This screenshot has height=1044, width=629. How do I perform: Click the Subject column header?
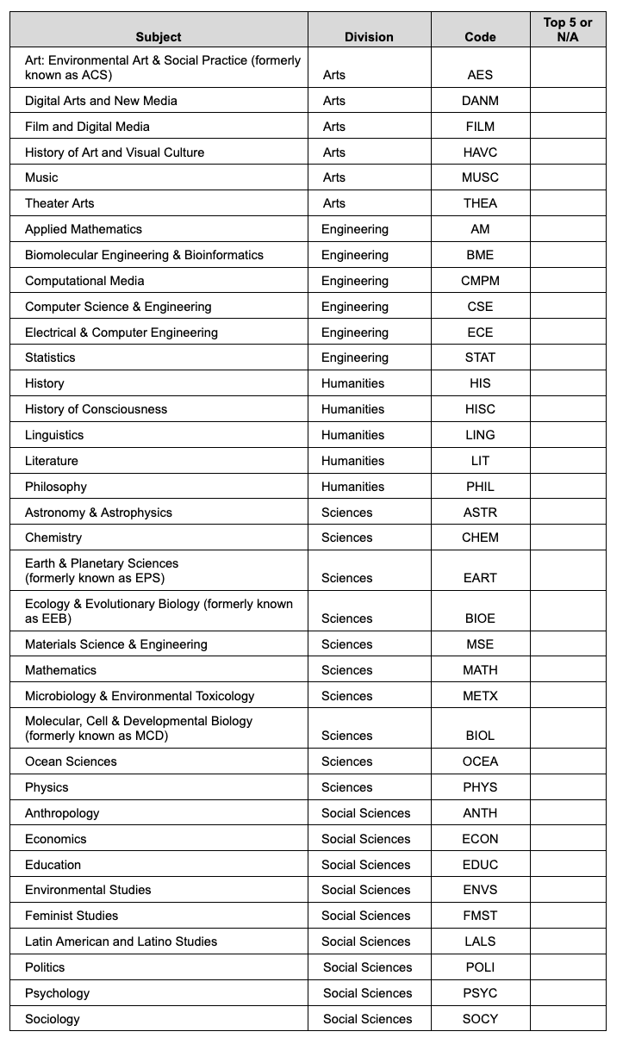(159, 37)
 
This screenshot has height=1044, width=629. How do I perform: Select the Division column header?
(369, 37)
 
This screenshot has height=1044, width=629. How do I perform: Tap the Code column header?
(480, 37)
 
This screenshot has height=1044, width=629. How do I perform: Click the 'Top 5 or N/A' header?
(568, 29)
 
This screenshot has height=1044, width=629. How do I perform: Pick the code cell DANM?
(480, 101)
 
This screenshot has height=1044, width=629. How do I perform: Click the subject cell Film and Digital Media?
(87, 127)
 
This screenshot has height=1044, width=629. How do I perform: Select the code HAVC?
(480, 152)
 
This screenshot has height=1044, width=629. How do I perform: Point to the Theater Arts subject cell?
(59, 203)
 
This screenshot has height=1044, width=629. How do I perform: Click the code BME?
(480, 255)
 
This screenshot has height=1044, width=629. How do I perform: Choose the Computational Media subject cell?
(84, 281)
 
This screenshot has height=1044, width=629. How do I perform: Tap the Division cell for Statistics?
(355, 357)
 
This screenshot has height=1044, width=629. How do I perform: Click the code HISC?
(480, 409)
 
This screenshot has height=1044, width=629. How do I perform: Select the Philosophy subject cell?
(56, 487)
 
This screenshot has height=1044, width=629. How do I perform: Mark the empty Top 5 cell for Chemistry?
(568, 538)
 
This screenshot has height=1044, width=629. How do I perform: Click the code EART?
(480, 578)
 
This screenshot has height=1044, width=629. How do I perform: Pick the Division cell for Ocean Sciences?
(347, 761)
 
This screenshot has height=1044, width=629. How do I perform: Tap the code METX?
(480, 696)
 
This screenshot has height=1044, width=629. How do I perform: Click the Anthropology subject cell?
(62, 813)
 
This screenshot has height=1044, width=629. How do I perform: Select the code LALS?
(480, 941)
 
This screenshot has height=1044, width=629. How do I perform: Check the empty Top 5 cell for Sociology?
(568, 1019)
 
